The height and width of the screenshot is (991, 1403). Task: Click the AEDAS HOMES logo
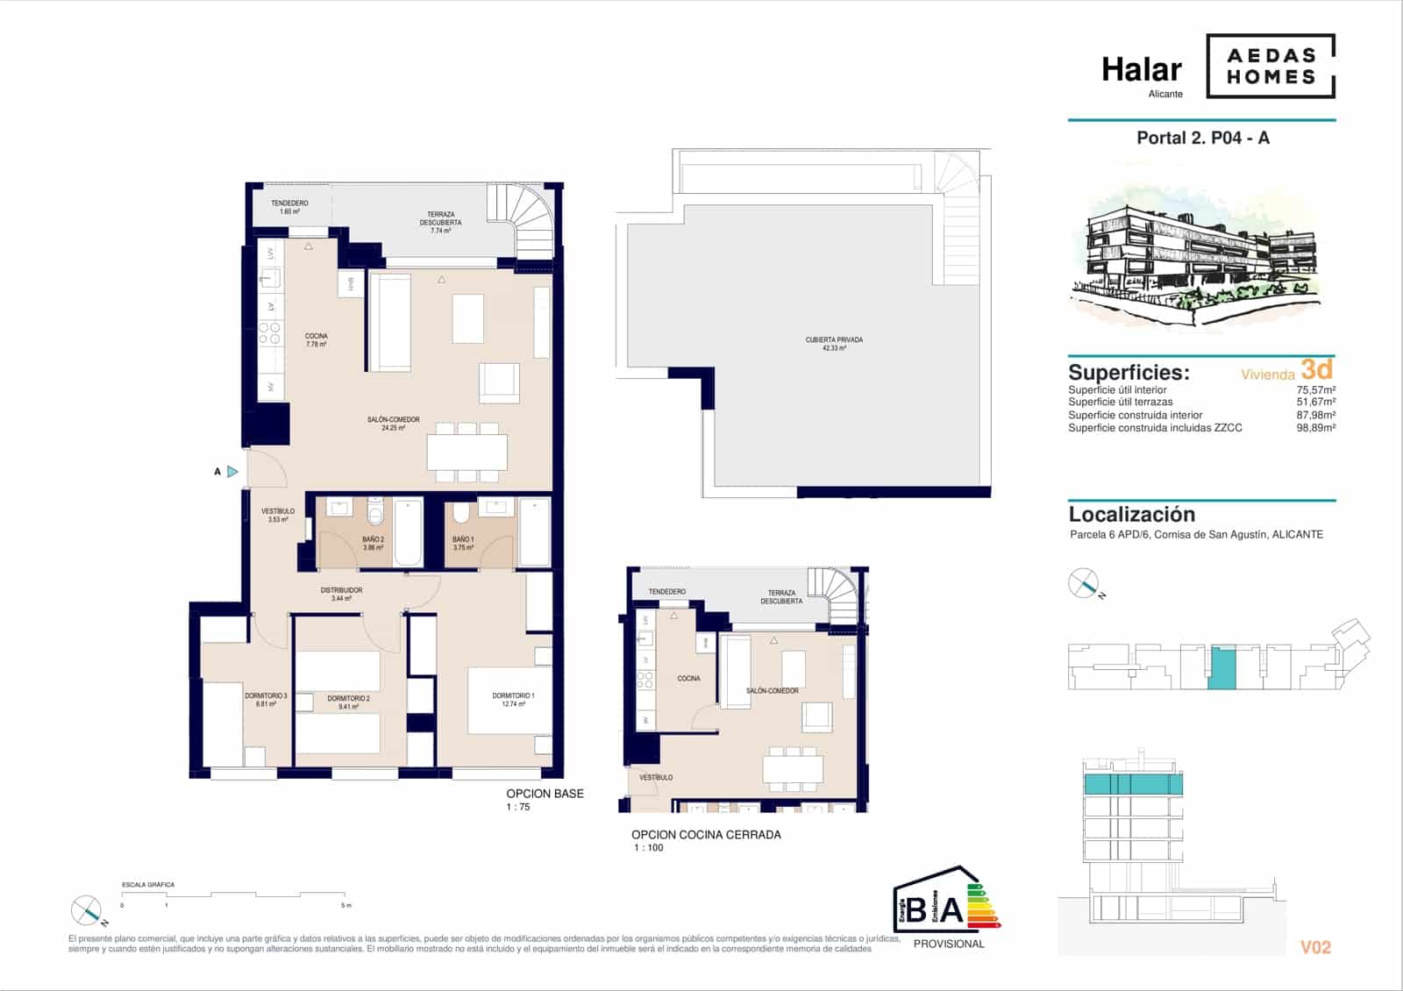(1271, 66)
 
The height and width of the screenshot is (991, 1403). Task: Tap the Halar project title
(1141, 69)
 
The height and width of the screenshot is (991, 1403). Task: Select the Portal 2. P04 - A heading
(1202, 138)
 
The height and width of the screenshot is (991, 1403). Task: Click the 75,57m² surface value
(1315, 390)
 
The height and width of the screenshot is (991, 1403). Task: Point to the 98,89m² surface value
(1315, 428)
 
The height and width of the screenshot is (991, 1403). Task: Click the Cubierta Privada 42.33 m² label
(834, 344)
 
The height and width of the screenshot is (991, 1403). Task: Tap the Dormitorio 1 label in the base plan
(513, 699)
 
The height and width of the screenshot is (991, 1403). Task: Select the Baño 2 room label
(373, 543)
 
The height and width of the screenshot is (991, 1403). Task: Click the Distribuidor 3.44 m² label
(341, 594)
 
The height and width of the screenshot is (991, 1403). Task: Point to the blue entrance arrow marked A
(232, 472)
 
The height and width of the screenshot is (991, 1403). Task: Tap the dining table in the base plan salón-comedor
(466, 453)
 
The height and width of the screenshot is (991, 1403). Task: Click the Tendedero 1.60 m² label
(289, 207)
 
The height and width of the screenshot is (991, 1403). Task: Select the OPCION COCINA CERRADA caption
(706, 835)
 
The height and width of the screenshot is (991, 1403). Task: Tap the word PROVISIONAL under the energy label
(949, 944)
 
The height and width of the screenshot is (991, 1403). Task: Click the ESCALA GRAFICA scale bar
(235, 895)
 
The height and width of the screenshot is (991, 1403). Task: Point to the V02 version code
(1315, 947)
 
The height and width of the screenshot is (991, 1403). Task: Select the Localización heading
(1131, 515)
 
